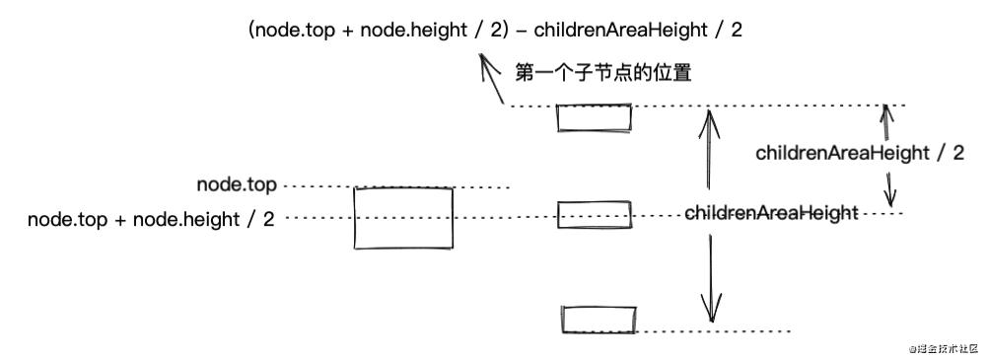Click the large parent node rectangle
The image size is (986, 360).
[x=404, y=219]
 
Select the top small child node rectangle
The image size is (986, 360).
[x=594, y=117]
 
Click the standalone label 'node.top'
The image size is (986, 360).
[x=237, y=184]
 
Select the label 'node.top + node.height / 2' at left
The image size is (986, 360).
[x=151, y=219]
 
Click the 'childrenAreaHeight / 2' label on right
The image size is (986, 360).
[x=859, y=153]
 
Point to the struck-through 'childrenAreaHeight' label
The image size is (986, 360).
[x=770, y=212]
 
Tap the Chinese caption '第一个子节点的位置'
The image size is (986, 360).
[x=607, y=73]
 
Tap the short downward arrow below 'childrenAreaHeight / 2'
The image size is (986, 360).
[x=890, y=189]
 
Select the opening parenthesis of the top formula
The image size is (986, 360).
[x=253, y=30]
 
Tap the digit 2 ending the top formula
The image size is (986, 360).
[x=738, y=30]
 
